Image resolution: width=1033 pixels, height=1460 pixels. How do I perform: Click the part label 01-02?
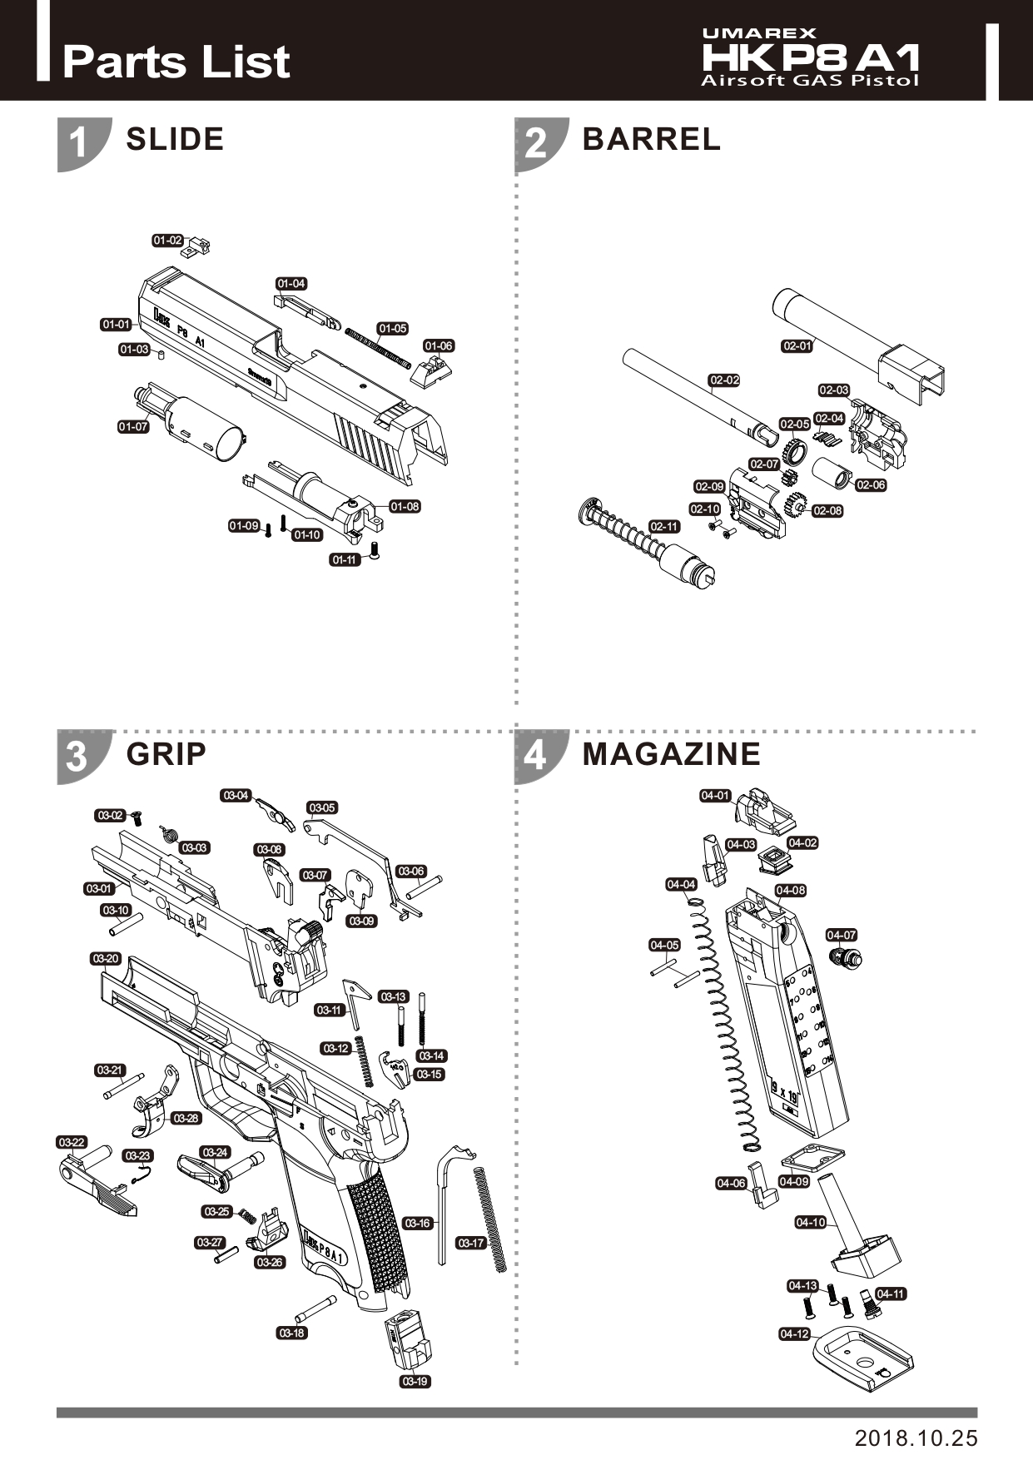[167, 241]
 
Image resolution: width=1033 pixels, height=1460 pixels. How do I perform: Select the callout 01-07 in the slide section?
[133, 427]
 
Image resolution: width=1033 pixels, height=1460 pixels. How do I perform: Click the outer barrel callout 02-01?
[797, 345]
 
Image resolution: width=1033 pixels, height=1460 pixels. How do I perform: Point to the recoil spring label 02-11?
[664, 527]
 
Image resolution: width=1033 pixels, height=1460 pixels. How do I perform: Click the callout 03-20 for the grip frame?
[106, 959]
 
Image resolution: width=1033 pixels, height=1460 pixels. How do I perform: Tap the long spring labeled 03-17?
[490, 1220]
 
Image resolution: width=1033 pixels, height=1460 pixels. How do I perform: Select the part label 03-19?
[415, 1381]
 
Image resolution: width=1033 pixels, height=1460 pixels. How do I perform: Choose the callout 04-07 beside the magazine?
[842, 935]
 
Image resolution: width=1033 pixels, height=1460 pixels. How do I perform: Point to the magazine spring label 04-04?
[681, 884]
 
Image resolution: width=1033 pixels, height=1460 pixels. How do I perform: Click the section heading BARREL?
[651, 139]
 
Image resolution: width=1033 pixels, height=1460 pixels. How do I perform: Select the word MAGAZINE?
[671, 754]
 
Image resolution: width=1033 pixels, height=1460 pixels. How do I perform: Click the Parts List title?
[176, 62]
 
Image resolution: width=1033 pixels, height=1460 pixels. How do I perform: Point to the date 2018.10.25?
[916, 1438]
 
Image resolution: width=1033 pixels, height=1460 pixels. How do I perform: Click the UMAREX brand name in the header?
[759, 33]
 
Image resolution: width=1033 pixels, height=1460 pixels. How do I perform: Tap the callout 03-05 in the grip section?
[322, 807]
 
